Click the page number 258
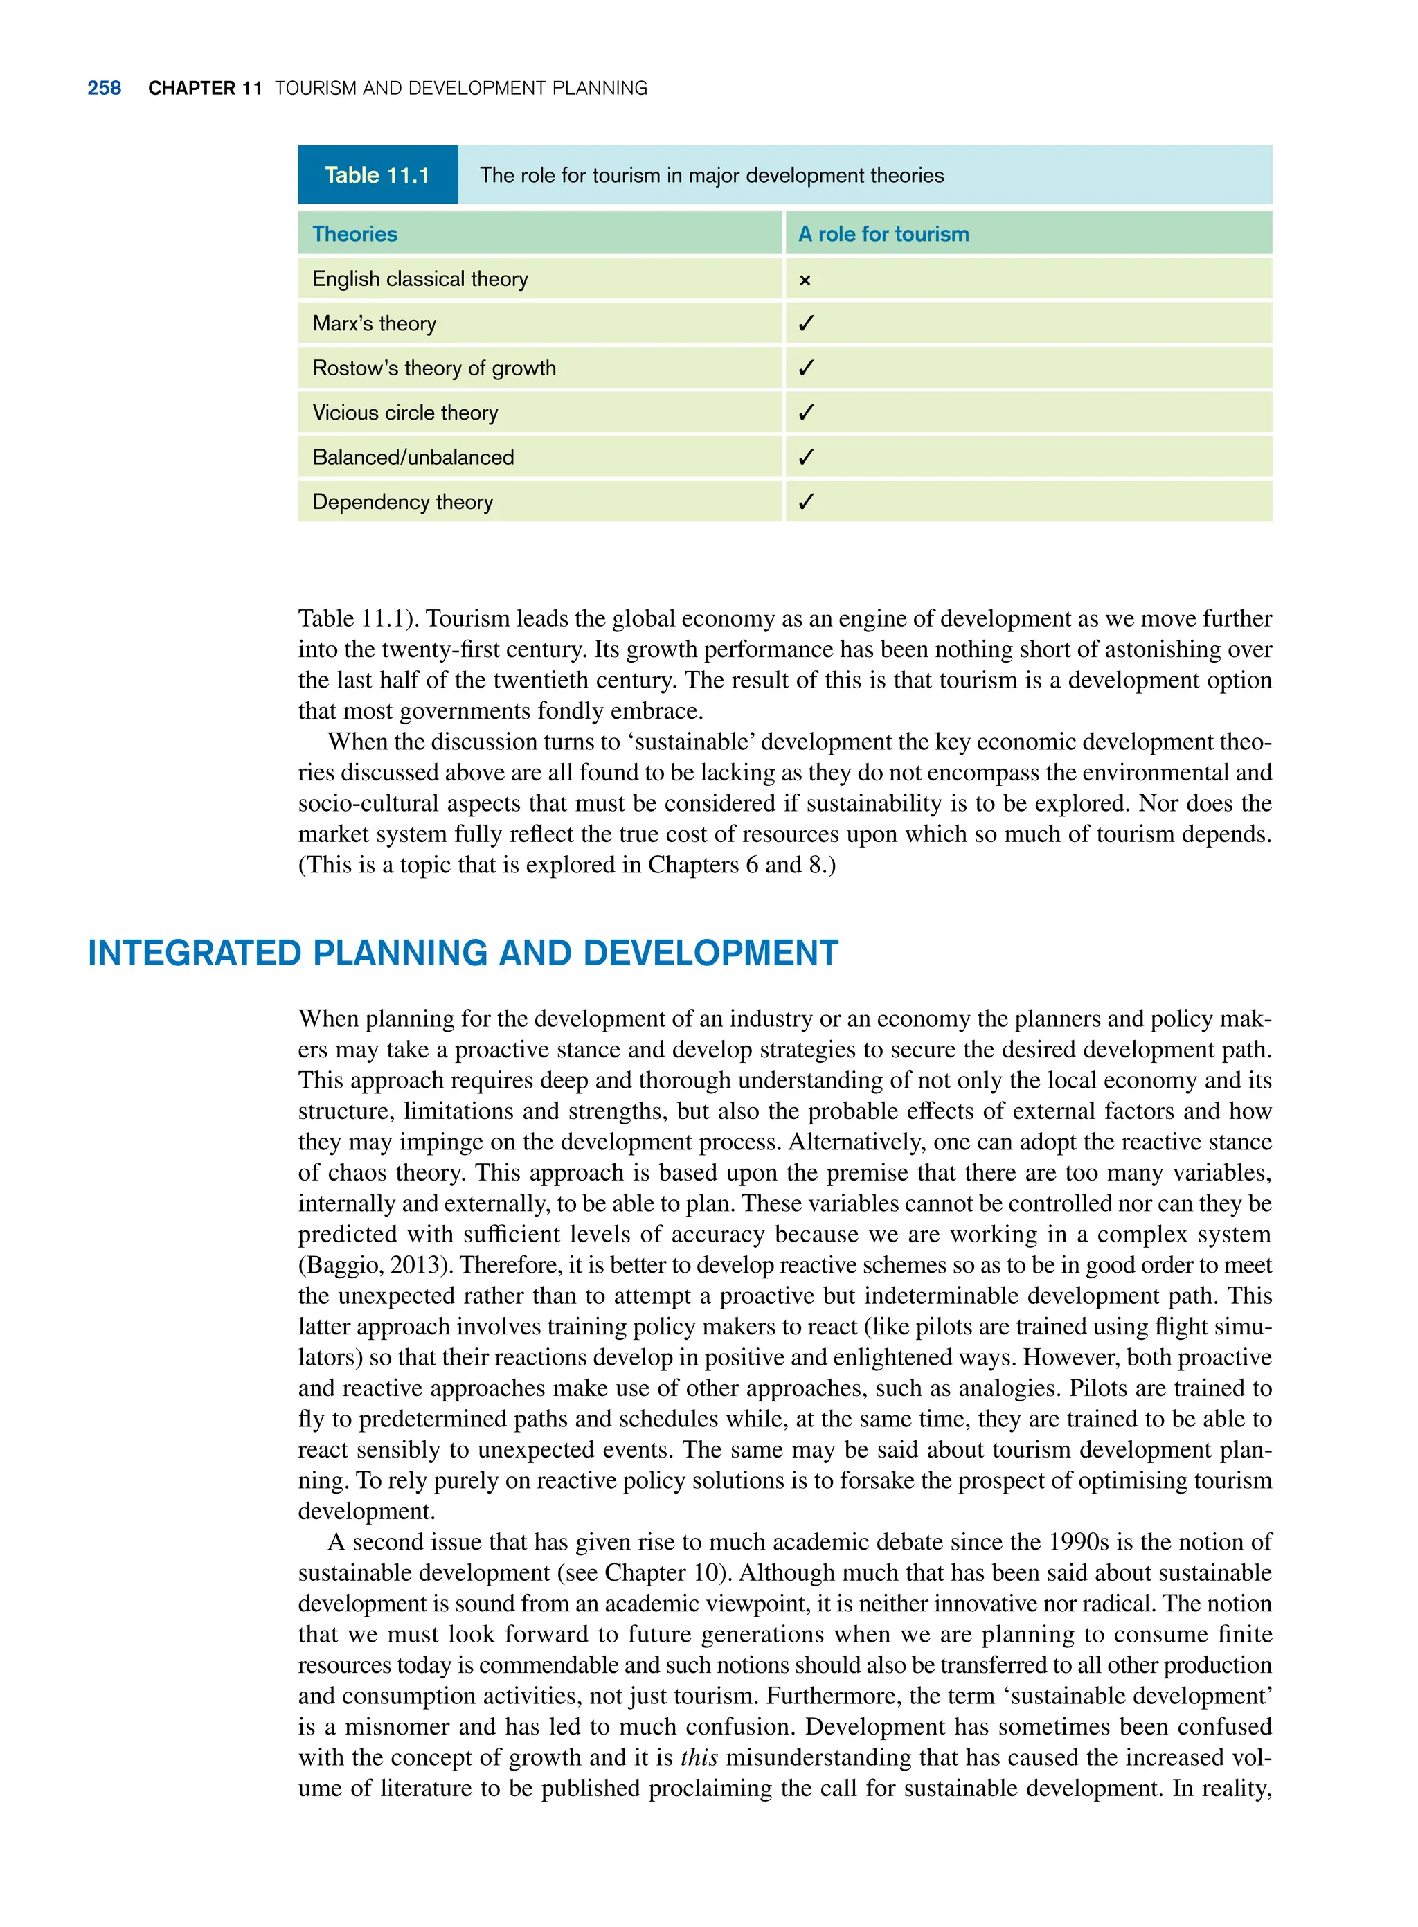tap(104, 89)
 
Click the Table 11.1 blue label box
tap(377, 175)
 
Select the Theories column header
tap(354, 234)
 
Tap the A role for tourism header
tap(883, 234)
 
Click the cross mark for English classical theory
tap(805, 280)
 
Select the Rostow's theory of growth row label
tap(433, 368)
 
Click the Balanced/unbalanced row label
tap(413, 458)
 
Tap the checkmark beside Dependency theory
tap(805, 503)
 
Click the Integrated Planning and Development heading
tap(463, 953)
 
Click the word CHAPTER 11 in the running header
tap(204, 89)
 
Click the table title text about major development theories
tap(712, 176)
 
